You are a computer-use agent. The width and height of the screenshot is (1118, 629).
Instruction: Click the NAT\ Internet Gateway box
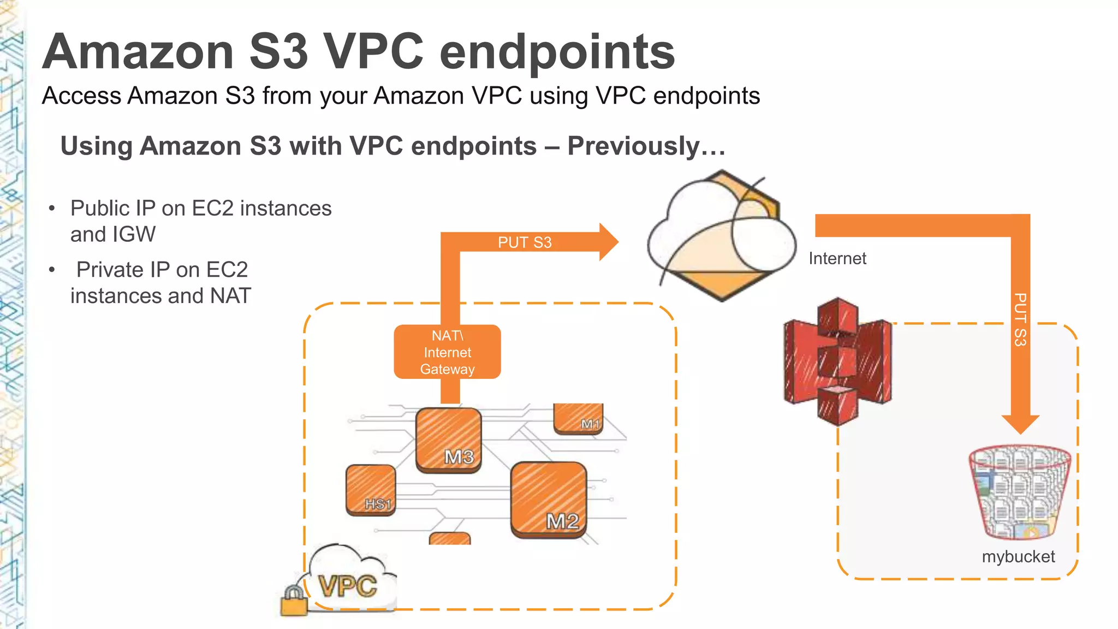click(x=447, y=352)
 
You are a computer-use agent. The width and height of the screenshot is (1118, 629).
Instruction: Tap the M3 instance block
click(x=449, y=440)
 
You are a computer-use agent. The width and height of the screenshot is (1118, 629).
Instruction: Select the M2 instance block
click(x=549, y=500)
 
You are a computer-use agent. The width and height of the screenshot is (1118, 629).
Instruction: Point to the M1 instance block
click(x=579, y=419)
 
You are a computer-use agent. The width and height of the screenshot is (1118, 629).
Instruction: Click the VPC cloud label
click(x=348, y=586)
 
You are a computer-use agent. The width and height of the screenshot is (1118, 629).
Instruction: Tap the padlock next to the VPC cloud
click(x=294, y=601)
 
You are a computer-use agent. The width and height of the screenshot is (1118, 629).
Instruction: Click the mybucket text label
click(x=1018, y=556)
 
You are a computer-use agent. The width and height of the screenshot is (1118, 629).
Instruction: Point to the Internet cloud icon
click(x=722, y=236)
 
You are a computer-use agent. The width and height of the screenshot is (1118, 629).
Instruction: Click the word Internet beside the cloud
click(x=837, y=258)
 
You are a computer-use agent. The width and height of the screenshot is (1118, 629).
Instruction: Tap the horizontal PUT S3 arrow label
click(x=525, y=242)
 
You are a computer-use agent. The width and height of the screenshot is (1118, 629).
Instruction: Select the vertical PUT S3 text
click(x=1020, y=320)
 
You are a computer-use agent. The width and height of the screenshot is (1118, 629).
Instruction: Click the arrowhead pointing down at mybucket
click(x=1020, y=423)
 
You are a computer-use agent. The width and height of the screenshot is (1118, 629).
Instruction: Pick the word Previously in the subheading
click(x=646, y=146)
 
